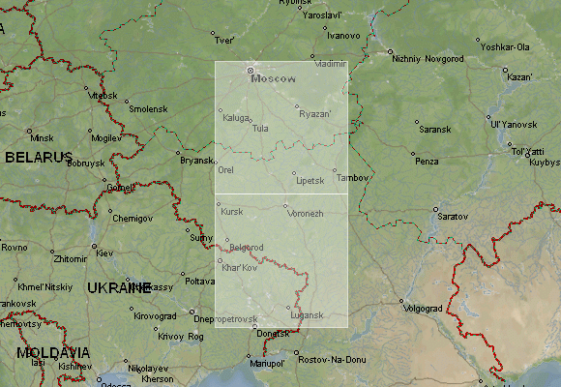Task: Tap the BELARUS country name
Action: point(39,157)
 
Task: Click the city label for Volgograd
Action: point(422,309)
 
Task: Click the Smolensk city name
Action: point(148,109)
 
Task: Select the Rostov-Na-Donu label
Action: point(333,360)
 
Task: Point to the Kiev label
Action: point(104,253)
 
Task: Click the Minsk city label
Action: point(42,138)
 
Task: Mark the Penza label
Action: point(427,161)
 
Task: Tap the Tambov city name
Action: point(354,178)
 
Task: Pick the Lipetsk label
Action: point(310,181)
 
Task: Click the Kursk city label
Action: point(232,211)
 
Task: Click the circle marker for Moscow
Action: point(250,70)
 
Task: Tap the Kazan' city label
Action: point(519,77)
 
